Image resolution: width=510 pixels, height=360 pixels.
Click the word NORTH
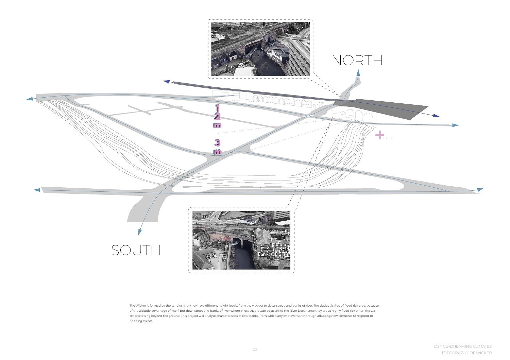pyautogui.click(x=357, y=61)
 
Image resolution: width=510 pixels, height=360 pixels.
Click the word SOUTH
pyautogui.click(x=136, y=251)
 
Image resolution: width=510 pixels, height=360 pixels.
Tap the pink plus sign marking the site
pyautogui.click(x=379, y=135)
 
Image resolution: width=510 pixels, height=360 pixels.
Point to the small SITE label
pyautogui.click(x=388, y=138)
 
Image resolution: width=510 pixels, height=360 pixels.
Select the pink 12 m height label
pyautogui.click(x=217, y=116)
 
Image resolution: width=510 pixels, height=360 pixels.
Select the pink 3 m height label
pyautogui.click(x=217, y=147)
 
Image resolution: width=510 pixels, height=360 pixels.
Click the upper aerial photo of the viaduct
pyautogui.click(x=260, y=49)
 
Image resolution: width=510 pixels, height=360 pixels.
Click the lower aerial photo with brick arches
pyautogui.click(x=241, y=240)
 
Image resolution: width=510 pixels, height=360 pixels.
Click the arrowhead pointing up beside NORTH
pyautogui.click(x=358, y=72)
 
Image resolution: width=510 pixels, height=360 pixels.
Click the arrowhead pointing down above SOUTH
pyautogui.click(x=139, y=232)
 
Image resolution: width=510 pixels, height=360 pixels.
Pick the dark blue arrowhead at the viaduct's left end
pyautogui.click(x=167, y=82)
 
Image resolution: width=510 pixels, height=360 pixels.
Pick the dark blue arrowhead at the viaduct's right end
pyautogui.click(x=436, y=116)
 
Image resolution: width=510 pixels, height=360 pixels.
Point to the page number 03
pyautogui.click(x=255, y=349)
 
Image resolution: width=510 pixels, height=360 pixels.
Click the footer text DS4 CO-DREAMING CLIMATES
pyautogui.click(x=463, y=346)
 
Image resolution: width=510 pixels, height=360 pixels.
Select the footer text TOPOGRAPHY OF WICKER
pyautogui.click(x=466, y=353)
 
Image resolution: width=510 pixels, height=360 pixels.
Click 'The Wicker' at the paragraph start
pyautogui.click(x=138, y=306)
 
